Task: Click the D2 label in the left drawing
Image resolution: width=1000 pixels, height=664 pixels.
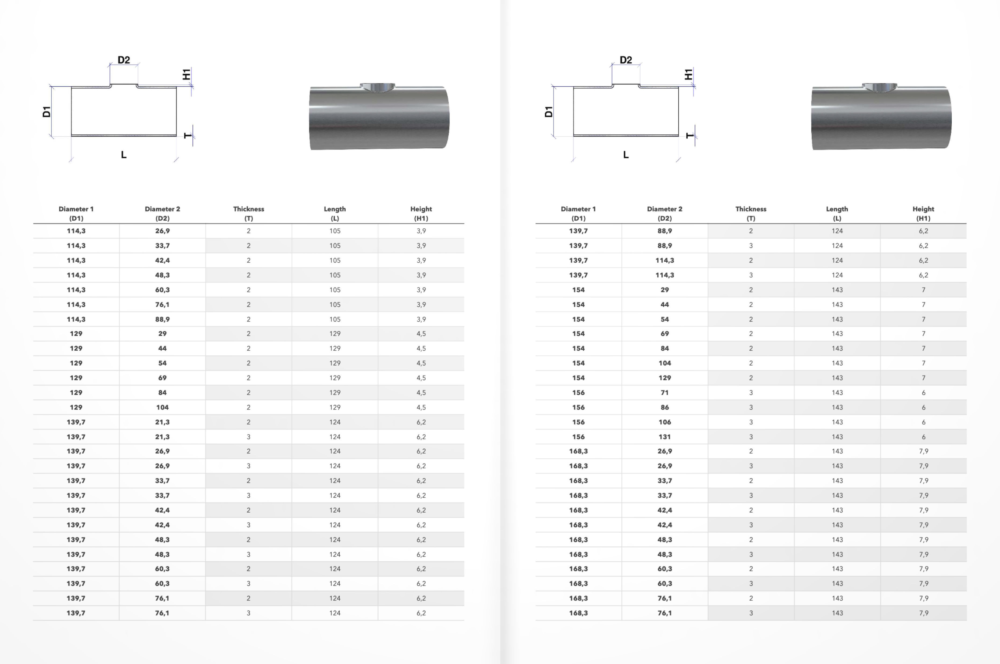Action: [124, 60]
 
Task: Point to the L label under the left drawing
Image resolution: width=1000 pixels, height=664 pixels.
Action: [124, 155]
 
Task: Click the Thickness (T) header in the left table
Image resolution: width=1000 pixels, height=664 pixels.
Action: [249, 213]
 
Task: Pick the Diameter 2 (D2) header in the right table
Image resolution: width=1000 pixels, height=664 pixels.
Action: [664, 213]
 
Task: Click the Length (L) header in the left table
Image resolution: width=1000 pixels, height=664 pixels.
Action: [335, 213]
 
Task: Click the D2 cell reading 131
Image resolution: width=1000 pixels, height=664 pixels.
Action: [664, 437]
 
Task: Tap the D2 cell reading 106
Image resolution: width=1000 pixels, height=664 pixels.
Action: [664, 422]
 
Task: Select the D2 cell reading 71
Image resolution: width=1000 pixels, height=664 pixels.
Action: [664, 392]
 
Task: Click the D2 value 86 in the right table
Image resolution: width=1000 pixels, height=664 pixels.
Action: [664, 407]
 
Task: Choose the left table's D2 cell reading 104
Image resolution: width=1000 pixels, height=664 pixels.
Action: [162, 407]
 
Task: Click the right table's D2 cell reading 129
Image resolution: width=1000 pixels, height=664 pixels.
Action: [664, 378]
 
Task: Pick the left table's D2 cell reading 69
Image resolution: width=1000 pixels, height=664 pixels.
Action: [162, 378]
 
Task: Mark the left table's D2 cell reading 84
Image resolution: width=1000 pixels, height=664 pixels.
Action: [162, 392]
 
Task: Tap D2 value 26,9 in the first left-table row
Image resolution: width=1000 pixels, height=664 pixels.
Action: [162, 231]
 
